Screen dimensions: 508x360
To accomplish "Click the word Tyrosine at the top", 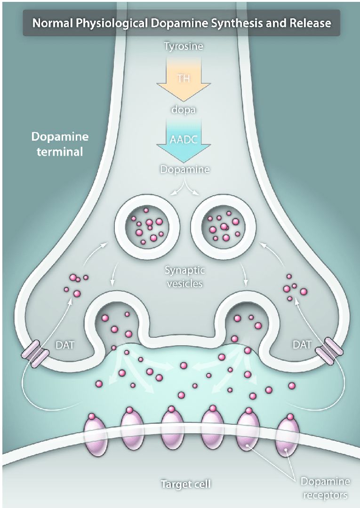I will [x=180, y=46].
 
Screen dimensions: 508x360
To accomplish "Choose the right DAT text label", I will [x=302, y=345].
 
